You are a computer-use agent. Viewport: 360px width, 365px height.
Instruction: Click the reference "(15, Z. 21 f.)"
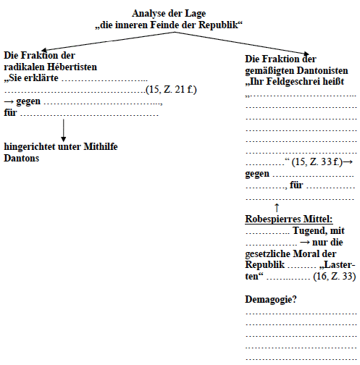(x=172, y=89)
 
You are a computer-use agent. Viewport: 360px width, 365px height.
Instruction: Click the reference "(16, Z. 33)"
(x=335, y=277)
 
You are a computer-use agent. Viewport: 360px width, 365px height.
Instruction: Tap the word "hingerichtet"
(x=30, y=147)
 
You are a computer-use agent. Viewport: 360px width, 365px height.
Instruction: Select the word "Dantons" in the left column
(x=21, y=158)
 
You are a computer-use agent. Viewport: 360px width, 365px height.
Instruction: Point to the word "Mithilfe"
(x=100, y=147)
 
